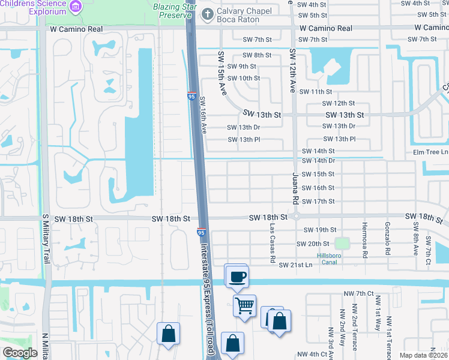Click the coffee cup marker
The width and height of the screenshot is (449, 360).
(x=237, y=276)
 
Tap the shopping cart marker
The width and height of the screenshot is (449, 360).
(x=244, y=305)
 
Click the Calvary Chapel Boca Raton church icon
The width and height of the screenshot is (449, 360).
(x=207, y=13)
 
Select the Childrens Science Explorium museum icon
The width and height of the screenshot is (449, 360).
(x=76, y=7)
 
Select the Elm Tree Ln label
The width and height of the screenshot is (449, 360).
(x=430, y=152)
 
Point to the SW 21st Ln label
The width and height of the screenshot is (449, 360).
(x=295, y=265)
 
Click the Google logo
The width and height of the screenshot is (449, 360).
(x=20, y=353)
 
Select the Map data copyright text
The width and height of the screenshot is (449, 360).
(x=423, y=355)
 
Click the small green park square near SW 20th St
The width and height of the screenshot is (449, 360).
(x=342, y=244)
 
